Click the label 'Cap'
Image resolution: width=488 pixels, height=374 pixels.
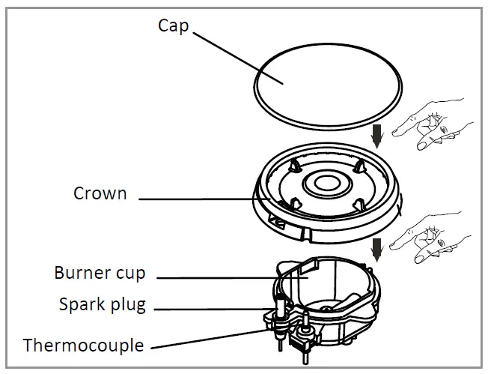tap(173, 25)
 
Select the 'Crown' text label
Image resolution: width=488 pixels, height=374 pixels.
tap(100, 193)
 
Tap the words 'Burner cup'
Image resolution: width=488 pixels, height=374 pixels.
tap(99, 271)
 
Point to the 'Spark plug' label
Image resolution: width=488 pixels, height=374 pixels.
tap(102, 305)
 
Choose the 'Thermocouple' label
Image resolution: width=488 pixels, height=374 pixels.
tap(83, 346)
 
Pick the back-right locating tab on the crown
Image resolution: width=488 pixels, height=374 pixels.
tap(360, 165)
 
